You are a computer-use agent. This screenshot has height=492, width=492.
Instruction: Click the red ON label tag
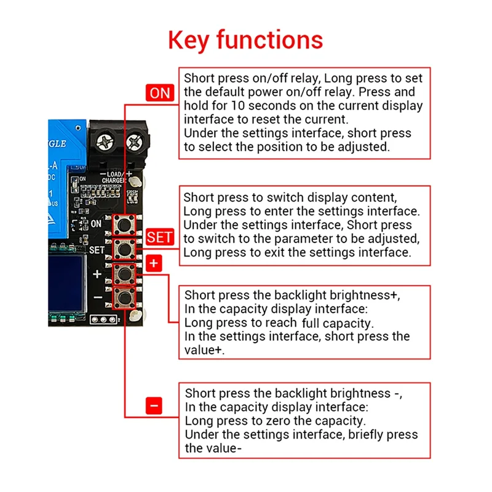[159, 93]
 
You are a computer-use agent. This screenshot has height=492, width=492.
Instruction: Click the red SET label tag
[160, 237]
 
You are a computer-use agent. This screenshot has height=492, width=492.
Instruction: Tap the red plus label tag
[154, 263]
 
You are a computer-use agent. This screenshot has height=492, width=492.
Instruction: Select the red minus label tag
[154, 405]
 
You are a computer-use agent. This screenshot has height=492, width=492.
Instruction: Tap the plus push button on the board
[125, 274]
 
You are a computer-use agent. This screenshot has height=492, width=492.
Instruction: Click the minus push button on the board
[125, 299]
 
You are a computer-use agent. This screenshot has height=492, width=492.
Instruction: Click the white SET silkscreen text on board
[97, 250]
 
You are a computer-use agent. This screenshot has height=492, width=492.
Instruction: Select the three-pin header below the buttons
[103, 320]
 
